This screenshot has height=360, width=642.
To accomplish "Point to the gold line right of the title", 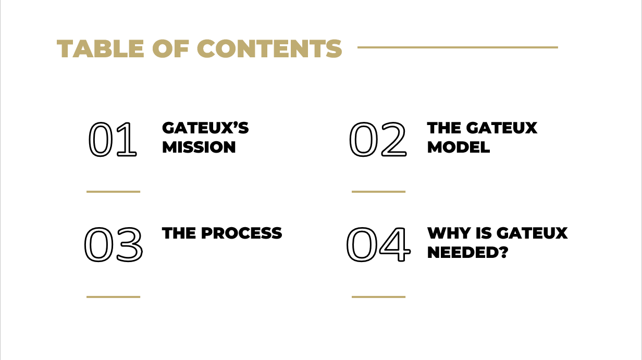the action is tap(458, 47).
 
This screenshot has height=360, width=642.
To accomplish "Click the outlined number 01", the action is tap(113, 140).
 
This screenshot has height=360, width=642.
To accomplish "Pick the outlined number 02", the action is tap(377, 140).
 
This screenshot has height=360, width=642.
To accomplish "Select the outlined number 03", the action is tap(113, 245).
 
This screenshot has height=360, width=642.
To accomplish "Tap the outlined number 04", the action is tap(377, 245).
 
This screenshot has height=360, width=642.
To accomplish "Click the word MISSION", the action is tap(199, 147).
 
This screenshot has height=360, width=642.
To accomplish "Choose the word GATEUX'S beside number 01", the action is tap(205, 128).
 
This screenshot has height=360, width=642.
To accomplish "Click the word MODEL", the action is tap(459, 147).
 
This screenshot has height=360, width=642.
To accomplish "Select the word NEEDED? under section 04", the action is tap(467, 253).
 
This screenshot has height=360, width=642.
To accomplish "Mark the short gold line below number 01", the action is tap(113, 192).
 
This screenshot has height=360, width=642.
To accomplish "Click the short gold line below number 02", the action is tap(378, 192).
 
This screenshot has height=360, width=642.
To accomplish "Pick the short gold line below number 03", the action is tap(113, 297).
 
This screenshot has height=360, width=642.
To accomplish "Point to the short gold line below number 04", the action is tap(378, 297).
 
